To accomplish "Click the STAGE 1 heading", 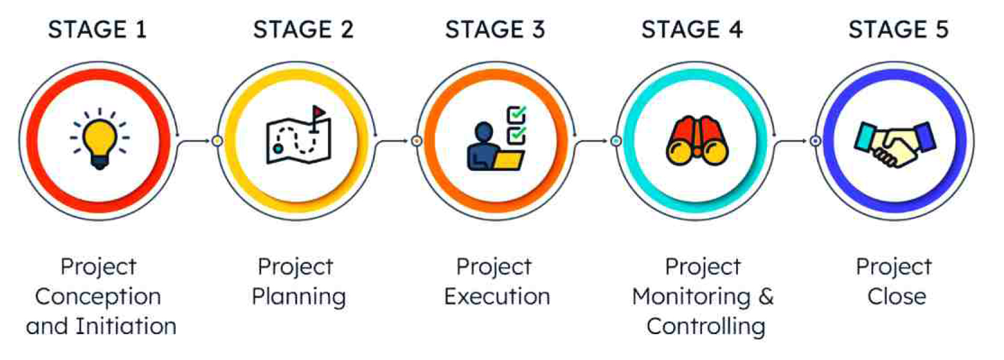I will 97,29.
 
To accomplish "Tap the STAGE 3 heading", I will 495,29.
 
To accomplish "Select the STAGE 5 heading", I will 898,29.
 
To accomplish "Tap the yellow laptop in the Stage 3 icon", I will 508,160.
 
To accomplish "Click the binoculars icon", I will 697,141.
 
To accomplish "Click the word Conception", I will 98,296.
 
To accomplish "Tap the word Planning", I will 298,297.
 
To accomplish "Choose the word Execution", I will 497,296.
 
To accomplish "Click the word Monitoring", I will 691,296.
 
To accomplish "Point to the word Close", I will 897,296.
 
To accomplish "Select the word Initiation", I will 126,326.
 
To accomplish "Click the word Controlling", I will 706,326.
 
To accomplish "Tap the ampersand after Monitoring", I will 766,296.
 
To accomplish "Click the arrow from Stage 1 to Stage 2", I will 195,141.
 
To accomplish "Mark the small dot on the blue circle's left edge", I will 815,141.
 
